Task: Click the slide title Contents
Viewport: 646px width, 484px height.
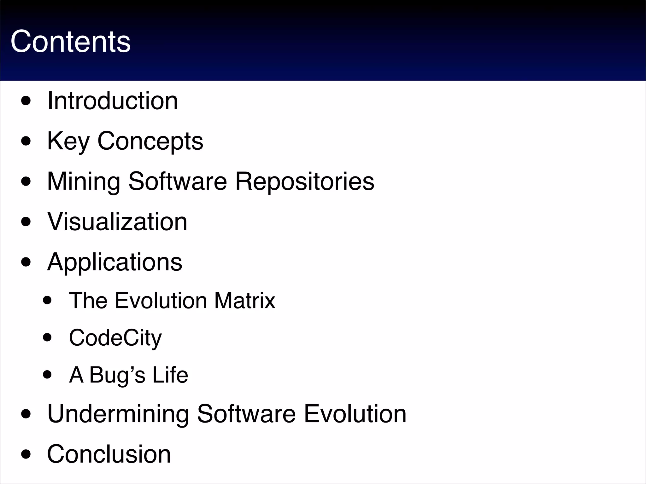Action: tap(70, 42)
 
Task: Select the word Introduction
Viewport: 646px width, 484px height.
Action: tap(113, 101)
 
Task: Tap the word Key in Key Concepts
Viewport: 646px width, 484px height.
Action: tap(68, 141)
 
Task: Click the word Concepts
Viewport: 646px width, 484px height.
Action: tap(150, 141)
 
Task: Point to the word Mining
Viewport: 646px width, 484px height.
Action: tap(84, 181)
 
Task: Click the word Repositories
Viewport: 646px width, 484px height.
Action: tap(304, 181)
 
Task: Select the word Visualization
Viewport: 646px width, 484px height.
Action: tap(117, 222)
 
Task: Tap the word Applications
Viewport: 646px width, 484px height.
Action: tap(115, 262)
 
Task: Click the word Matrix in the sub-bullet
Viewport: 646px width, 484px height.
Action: tap(245, 300)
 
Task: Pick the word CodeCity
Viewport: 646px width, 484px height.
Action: tap(115, 338)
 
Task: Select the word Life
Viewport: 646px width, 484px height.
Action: tap(170, 375)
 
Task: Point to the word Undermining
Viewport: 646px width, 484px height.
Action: tap(118, 414)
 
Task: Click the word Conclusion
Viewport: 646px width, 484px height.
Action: tap(109, 454)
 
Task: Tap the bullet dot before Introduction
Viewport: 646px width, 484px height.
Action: tap(26, 102)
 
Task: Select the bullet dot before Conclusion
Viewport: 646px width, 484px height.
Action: tap(26, 455)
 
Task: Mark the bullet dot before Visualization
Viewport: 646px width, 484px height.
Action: tap(26, 222)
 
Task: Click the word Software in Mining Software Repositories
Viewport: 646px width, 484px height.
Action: tap(178, 181)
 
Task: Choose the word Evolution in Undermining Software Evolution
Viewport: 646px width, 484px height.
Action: tap(355, 414)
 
